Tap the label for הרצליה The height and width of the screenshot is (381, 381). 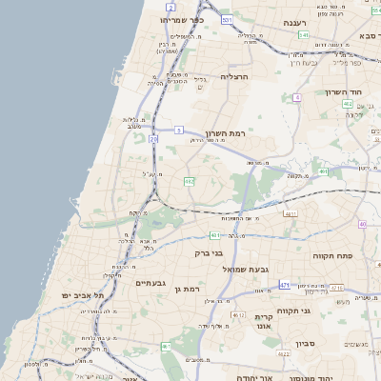coord(233,76)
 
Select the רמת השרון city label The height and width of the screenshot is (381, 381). coord(225,134)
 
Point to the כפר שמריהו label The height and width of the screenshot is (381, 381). coord(182,19)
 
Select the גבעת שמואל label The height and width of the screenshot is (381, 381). coord(251,270)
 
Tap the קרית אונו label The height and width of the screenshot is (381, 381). coord(264,320)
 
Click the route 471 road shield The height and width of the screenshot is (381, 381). coord(284,285)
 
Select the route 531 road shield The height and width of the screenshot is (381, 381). coord(225,19)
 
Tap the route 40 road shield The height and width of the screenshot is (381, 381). coord(362,224)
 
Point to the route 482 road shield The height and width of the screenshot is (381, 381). coord(189,180)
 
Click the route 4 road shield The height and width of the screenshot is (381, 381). coord(297,97)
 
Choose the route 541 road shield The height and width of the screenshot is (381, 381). coord(303,34)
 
